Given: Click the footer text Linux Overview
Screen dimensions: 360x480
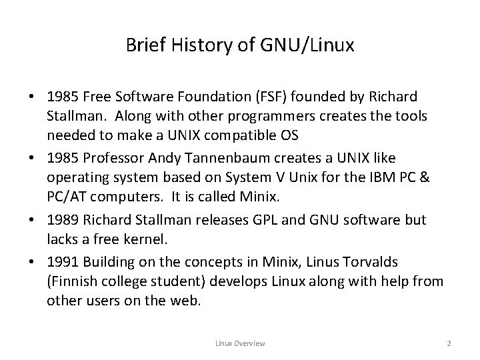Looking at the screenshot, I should [240, 343].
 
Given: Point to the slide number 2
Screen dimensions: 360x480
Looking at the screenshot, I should [449, 343].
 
